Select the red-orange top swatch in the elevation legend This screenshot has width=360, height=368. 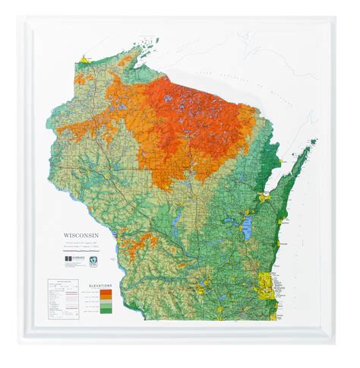101,291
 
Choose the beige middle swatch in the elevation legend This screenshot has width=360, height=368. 101,301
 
